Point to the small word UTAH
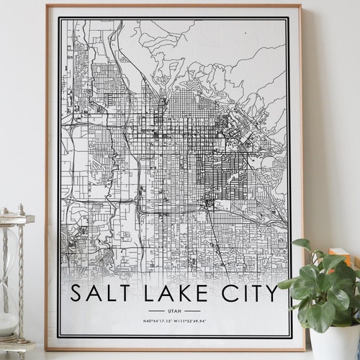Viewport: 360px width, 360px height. click(174, 310)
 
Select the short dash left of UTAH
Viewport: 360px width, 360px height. click(156, 310)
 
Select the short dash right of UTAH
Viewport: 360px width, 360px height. click(191, 310)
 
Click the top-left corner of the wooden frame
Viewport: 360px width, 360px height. click(47, 6)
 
